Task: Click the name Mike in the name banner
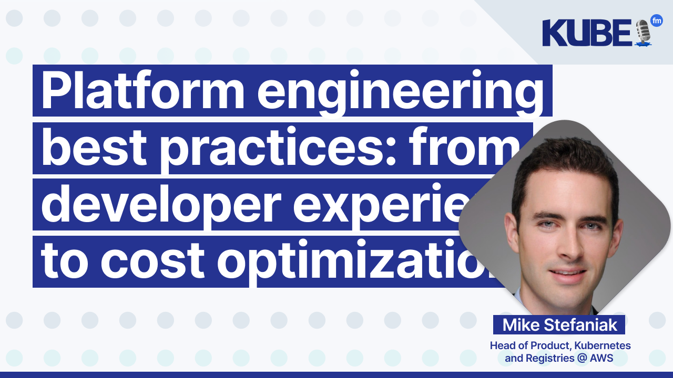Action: coord(521,325)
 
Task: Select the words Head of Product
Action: coord(526,346)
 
